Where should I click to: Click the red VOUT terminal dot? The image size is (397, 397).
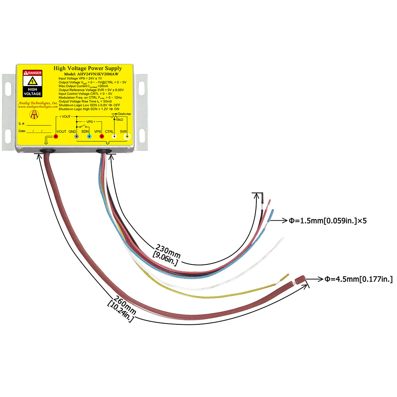pos(56,137)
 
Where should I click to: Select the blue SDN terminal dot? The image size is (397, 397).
pos(89,137)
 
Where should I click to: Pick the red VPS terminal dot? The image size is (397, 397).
pos(102,137)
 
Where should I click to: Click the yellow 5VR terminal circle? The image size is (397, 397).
pos(127,137)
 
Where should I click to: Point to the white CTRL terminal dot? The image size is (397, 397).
pos(114,137)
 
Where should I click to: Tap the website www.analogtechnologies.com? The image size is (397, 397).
pos(36,107)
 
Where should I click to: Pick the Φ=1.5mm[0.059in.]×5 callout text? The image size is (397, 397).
pos(328,220)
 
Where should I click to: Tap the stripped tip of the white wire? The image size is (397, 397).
pos(281,241)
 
